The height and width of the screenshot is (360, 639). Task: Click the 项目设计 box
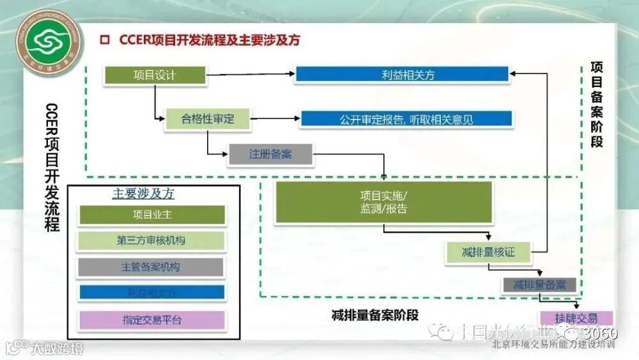point(154,75)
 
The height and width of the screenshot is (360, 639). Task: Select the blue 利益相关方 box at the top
point(403,75)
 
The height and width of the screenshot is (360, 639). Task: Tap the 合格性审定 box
point(208,119)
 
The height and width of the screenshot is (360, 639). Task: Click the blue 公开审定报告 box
point(406,119)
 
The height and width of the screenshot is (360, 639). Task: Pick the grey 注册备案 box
point(270,154)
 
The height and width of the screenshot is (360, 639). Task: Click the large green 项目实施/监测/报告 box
point(383,202)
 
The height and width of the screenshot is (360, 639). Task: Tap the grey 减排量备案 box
point(539,285)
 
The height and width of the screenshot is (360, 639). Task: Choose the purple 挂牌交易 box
point(576,318)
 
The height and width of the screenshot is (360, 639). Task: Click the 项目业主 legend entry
point(151,215)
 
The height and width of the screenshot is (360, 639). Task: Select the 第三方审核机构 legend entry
point(151,240)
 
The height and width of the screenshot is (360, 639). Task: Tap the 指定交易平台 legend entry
point(151,320)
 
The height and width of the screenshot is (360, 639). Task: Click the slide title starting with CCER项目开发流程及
point(210,40)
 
